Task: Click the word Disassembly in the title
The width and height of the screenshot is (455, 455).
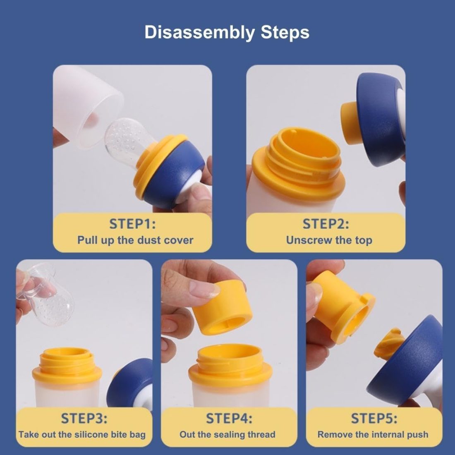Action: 199,32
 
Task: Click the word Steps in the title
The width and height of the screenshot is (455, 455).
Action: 285,32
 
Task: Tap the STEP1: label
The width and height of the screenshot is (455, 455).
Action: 132,224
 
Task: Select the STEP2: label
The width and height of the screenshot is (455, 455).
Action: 326,224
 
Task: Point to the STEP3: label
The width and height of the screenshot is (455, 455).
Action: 84,418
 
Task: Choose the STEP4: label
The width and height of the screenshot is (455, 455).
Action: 229,418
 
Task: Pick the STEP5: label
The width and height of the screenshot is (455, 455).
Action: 374,418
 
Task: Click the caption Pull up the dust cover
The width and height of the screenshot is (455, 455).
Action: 135,240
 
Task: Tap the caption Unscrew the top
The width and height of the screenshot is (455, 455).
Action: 329,240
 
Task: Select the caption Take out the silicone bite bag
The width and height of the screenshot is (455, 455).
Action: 82,434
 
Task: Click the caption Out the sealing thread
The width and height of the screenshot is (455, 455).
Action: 227,434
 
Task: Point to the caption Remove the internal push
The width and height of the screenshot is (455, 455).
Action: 373,434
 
